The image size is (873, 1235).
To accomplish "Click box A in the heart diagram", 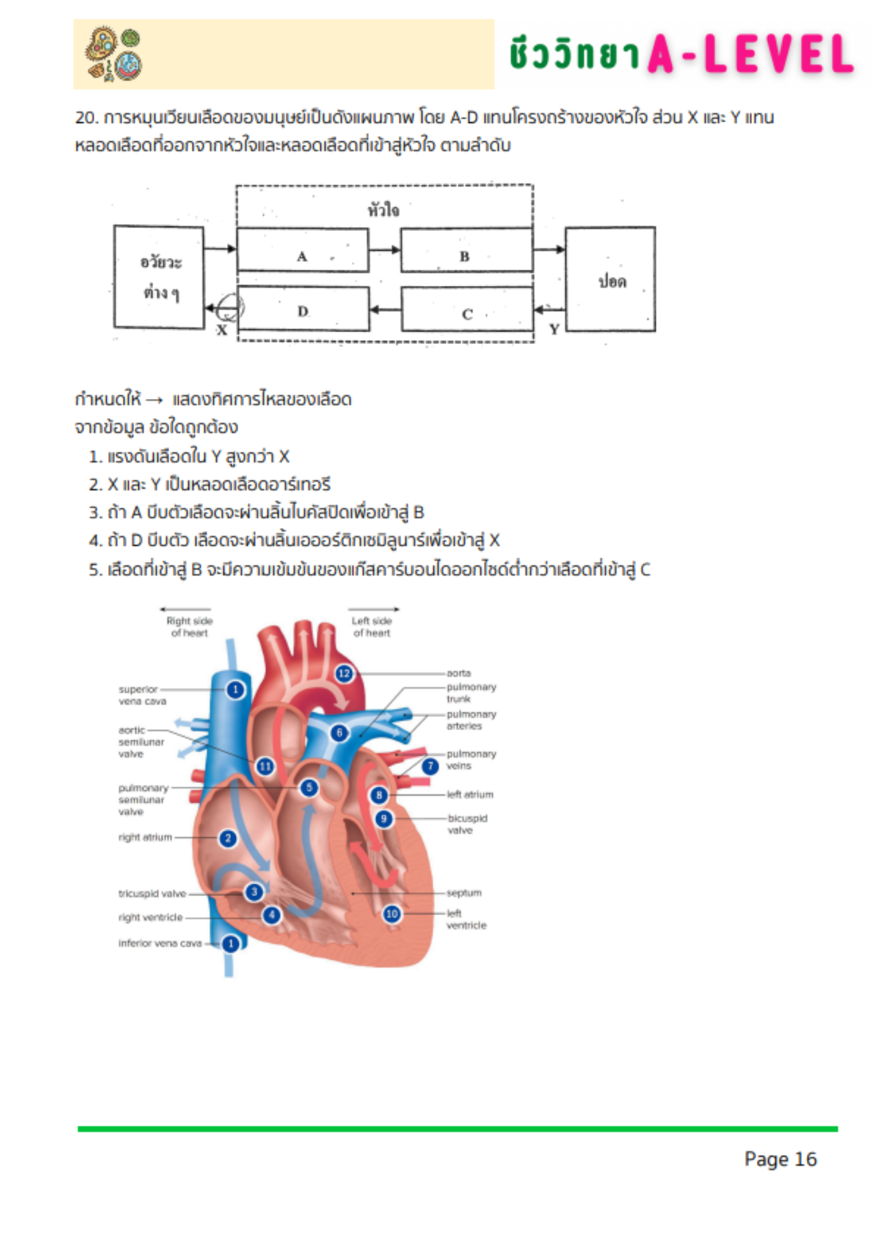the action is (x=303, y=250).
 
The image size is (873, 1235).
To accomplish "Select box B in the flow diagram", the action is (x=467, y=250).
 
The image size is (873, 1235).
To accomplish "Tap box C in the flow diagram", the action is (x=467, y=309).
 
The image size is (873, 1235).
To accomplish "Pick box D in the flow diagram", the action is (x=303, y=309).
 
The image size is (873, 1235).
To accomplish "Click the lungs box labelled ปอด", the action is (x=610, y=279).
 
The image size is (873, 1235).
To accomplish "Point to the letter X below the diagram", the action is (x=222, y=330).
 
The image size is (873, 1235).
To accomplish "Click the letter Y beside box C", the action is (x=554, y=329).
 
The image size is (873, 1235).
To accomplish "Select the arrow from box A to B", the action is (x=385, y=250).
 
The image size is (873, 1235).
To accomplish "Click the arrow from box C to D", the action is (x=385, y=309).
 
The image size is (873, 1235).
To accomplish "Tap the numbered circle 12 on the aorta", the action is (x=345, y=673).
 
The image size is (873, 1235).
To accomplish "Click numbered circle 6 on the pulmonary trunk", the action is (x=340, y=733).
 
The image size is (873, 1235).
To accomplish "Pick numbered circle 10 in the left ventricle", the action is (x=392, y=913).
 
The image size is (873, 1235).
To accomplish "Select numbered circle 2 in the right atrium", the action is (x=228, y=838).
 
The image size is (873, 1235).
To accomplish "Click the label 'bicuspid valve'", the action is (x=467, y=824).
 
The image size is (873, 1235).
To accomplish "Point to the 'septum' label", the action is (x=464, y=893).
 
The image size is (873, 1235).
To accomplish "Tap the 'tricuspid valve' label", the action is (x=152, y=894).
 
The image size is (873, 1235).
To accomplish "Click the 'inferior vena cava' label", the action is (x=160, y=943).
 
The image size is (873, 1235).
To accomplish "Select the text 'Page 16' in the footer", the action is (x=780, y=1159).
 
